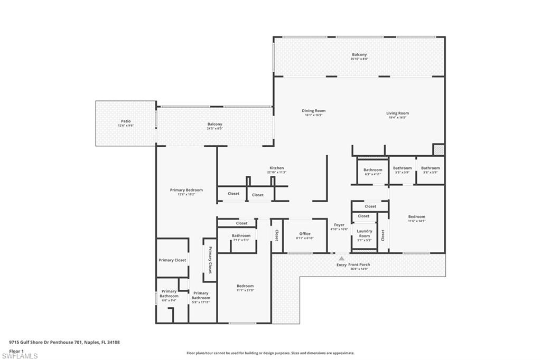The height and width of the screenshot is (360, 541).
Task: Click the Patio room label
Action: [125, 121]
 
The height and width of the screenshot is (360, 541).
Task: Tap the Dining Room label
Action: [313, 111]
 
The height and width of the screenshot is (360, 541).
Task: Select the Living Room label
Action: [397, 113]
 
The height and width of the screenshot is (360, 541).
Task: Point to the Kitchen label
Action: [277, 168]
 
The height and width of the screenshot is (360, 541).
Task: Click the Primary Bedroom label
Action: [186, 190]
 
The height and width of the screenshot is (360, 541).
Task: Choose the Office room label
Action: [305, 234]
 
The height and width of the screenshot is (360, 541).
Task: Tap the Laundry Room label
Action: [365, 233]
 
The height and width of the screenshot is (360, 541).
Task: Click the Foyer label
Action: [339, 225]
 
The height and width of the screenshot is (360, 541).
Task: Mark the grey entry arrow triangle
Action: [342, 258]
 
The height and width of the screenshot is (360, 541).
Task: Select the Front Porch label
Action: [359, 264]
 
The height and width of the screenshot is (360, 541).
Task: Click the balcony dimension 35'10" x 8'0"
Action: [359, 59]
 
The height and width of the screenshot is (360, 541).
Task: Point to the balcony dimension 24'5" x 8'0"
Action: [215, 128]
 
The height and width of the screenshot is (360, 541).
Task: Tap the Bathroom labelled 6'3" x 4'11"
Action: [372, 170]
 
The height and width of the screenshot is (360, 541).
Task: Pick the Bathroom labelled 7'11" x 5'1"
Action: [241, 235]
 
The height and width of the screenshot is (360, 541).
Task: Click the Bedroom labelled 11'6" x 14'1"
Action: [416, 216]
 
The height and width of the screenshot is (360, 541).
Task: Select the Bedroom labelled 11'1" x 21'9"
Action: [245, 286]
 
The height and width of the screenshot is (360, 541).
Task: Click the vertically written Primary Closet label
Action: [210, 260]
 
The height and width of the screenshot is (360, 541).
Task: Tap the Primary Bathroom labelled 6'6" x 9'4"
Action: [169, 293]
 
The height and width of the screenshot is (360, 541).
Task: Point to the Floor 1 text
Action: [17, 350]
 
